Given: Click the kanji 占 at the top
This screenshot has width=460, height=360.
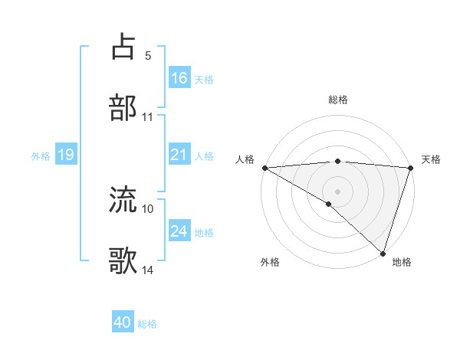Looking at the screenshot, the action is (124, 47).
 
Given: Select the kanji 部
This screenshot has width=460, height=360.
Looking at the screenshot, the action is (124, 107).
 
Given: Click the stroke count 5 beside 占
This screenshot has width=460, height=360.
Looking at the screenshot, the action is (148, 56).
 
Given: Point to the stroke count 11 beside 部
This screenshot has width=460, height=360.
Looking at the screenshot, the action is (148, 117).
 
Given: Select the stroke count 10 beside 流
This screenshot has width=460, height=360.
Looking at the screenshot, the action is (148, 208).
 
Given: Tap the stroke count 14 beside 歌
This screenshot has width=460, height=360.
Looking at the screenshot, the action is (148, 270).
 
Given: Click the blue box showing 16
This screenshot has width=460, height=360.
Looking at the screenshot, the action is (179, 78).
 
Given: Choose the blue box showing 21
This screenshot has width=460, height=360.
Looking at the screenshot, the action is (179, 155).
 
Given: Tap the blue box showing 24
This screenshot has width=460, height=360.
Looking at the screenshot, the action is (179, 231).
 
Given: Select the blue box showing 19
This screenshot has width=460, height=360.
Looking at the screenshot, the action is (65, 155).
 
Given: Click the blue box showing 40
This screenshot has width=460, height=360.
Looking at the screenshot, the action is (123, 323).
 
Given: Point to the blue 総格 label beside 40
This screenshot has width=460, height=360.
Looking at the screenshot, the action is (148, 324).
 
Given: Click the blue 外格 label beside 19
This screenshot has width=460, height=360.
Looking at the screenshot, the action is (41, 155).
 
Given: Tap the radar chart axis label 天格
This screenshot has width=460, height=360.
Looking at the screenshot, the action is (431, 159).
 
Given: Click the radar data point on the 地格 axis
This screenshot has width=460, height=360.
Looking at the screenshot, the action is (383, 253).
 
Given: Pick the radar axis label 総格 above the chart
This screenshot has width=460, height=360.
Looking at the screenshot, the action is (338, 100).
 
